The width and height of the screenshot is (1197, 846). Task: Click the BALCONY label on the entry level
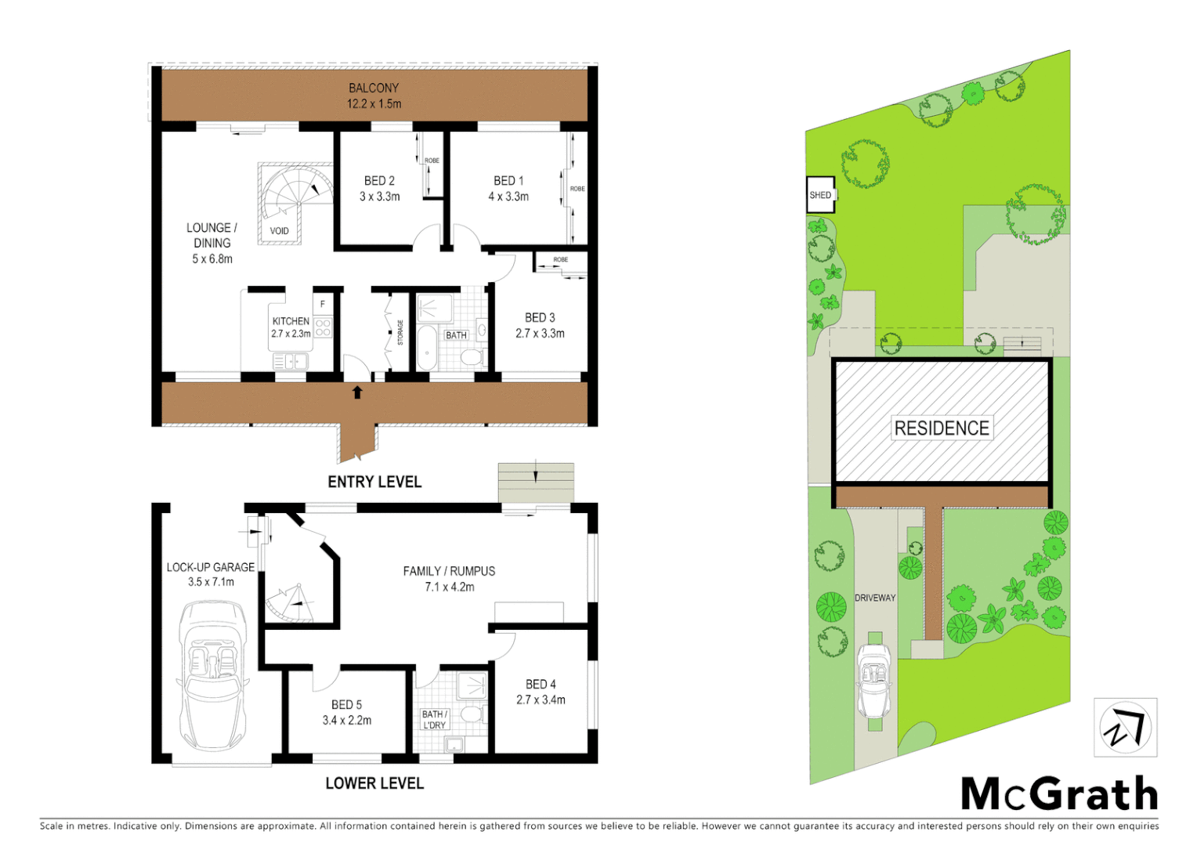point(374,89)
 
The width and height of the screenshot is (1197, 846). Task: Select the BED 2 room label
point(379,181)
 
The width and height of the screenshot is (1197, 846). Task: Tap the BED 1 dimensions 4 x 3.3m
point(508,197)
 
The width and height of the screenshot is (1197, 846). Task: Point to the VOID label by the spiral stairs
point(279,231)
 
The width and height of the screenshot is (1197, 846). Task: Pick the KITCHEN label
point(291,321)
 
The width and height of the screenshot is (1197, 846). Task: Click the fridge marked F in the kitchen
point(322,304)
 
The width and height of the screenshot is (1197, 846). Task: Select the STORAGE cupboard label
point(400,332)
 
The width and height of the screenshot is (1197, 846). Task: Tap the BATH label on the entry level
point(456,335)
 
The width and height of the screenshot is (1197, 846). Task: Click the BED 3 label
point(540,317)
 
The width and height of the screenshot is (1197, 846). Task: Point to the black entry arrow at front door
point(358,392)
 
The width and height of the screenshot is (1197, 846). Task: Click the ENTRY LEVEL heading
point(374,482)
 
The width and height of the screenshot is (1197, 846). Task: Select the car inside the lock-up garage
point(213,674)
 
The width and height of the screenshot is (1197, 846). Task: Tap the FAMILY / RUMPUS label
point(449,571)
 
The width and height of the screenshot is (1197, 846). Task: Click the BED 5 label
point(346,705)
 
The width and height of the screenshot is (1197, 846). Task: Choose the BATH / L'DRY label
point(434,719)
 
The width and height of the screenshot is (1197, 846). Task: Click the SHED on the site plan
point(820,195)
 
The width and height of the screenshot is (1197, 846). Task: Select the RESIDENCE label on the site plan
point(942,428)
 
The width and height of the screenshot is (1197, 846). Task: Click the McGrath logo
point(1059,794)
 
